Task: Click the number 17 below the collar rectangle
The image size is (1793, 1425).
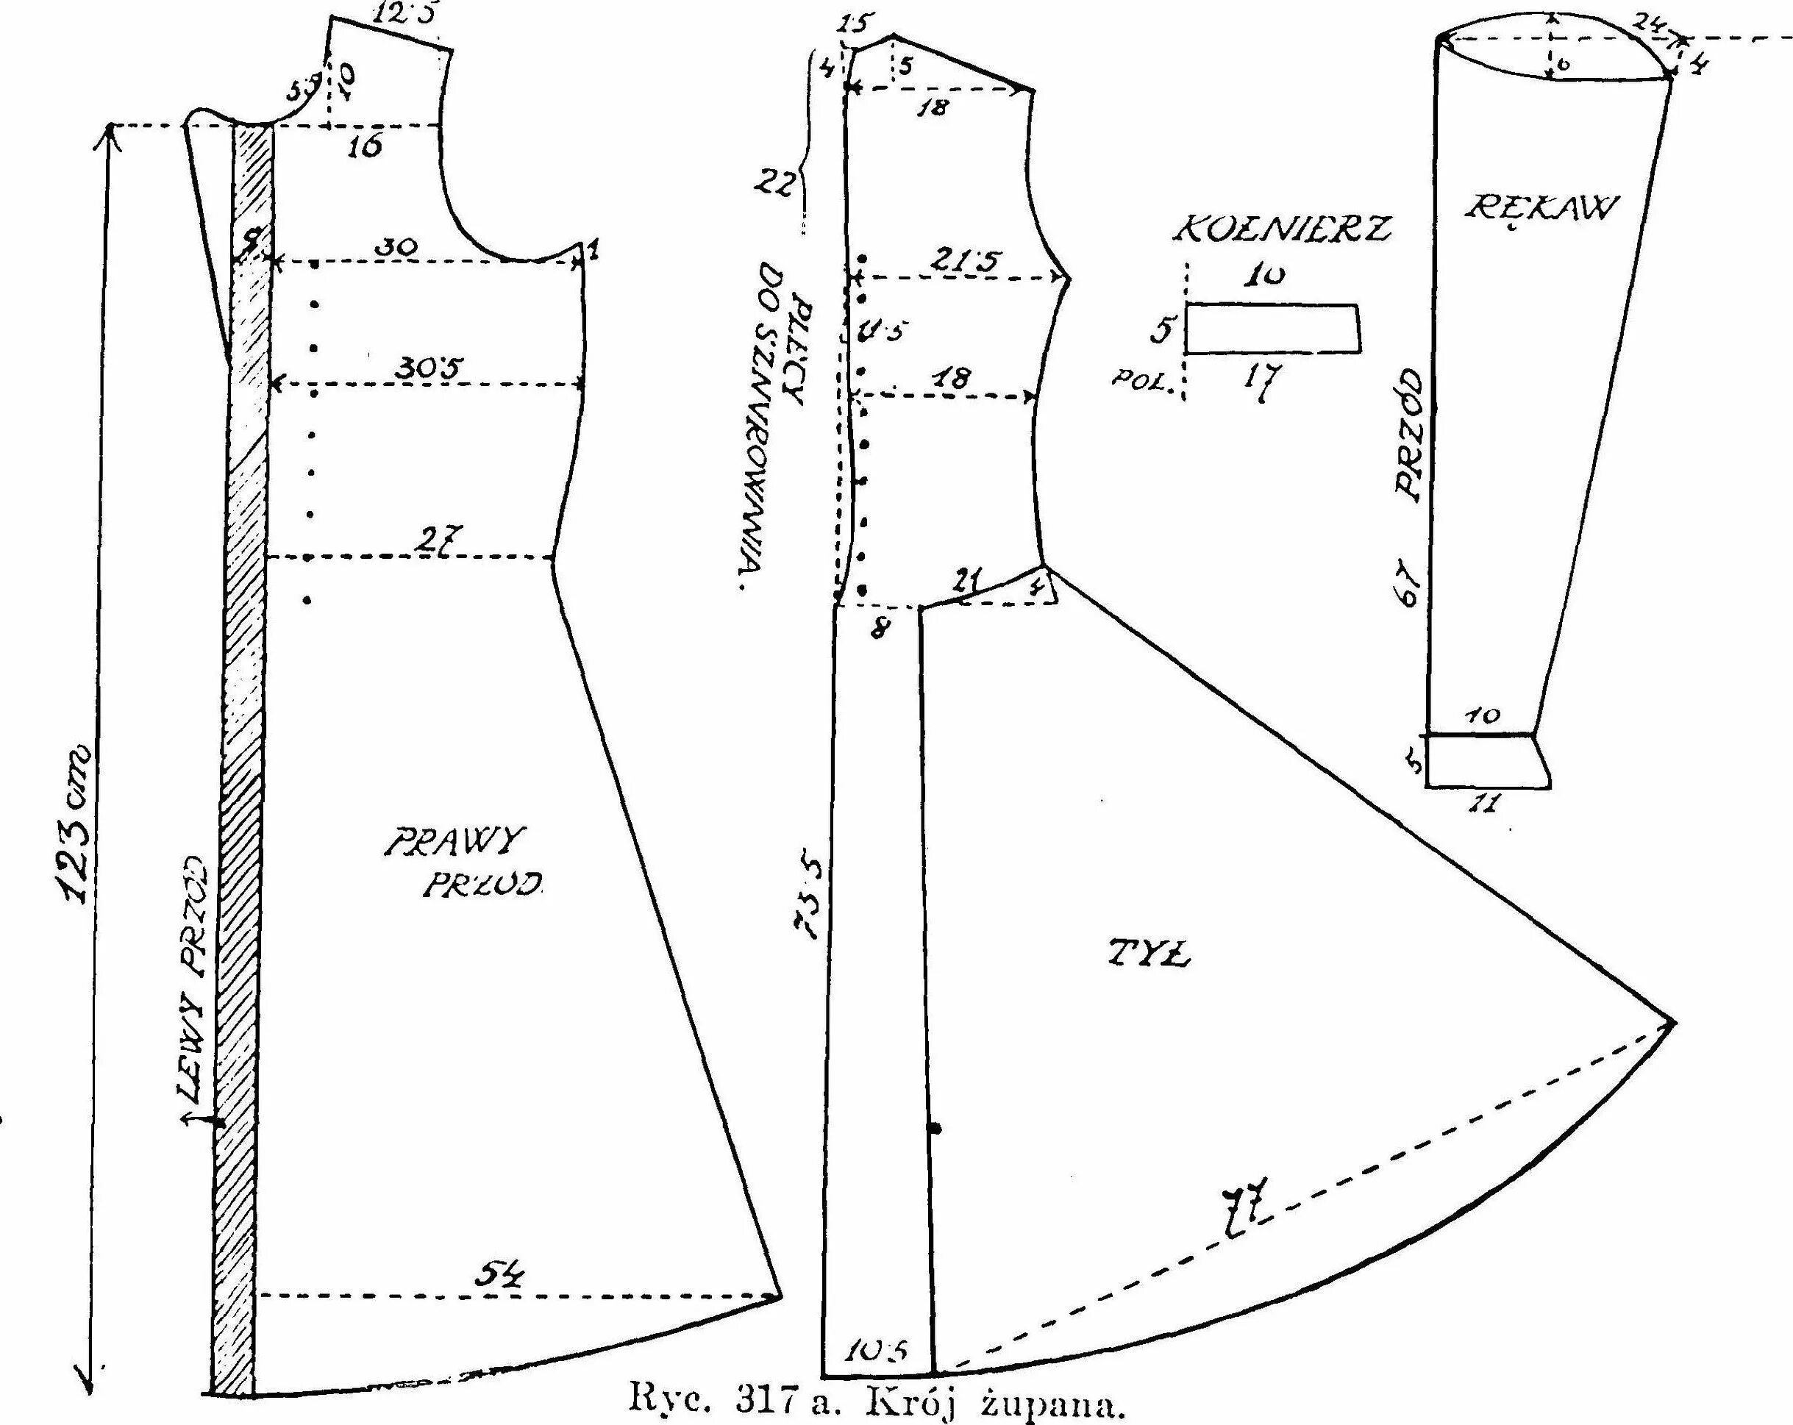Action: pos(1261,380)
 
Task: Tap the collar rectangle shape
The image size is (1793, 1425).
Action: pos(1272,329)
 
